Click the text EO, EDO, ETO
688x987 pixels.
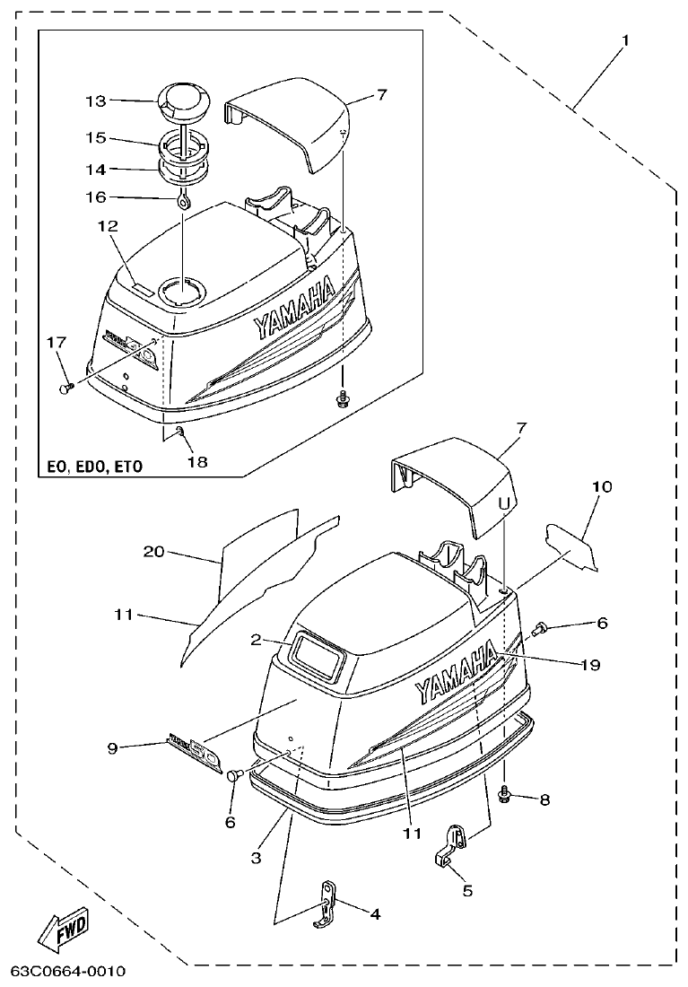pyautogui.click(x=94, y=467)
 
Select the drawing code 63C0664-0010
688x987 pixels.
pyautogui.click(x=68, y=973)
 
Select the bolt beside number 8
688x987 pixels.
pyautogui.click(x=505, y=795)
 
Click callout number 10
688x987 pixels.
pyautogui.click(x=601, y=487)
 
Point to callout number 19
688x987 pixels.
pyautogui.click(x=590, y=665)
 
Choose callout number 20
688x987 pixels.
pyautogui.click(x=154, y=552)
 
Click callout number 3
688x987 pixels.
pyautogui.click(x=256, y=859)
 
